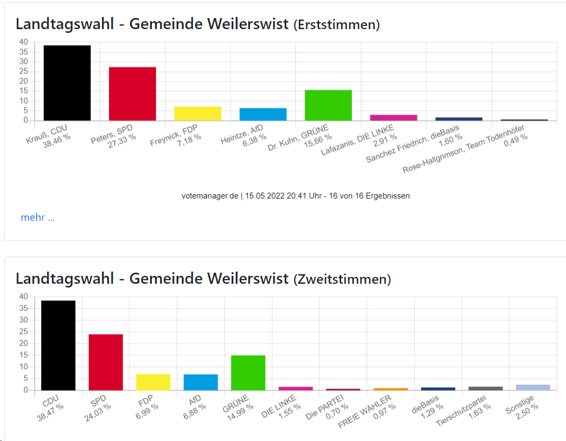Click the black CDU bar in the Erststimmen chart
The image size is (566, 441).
[x=67, y=83]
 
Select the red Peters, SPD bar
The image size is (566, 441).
[x=132, y=94]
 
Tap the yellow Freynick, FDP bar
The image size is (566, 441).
[x=198, y=113]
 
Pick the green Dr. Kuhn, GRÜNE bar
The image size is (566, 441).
[x=328, y=105]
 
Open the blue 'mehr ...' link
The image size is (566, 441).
[x=38, y=218]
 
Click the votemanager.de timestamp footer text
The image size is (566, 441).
[x=295, y=196]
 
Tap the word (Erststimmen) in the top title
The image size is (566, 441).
[x=336, y=24]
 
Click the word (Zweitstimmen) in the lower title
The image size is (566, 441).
[x=342, y=279]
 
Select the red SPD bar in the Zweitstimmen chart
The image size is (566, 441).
[x=105, y=362]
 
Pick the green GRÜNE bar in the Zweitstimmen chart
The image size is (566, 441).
[x=248, y=373]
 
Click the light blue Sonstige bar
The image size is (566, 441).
[x=533, y=388]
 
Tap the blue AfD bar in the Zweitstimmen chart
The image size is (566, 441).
[x=200, y=382]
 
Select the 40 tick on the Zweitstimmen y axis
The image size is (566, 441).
[x=23, y=296]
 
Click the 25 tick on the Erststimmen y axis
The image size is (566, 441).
[x=23, y=71]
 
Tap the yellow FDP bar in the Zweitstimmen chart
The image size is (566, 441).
[x=153, y=382]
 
